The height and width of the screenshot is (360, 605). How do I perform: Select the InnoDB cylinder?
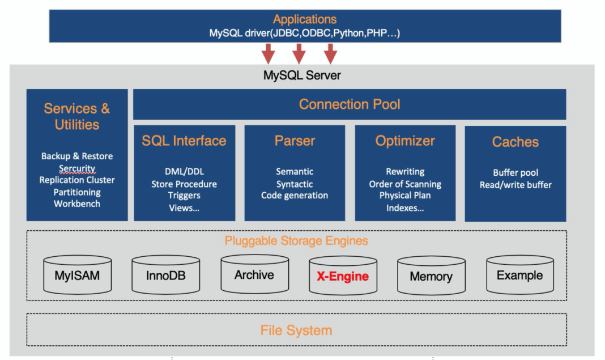pyautogui.click(x=165, y=275)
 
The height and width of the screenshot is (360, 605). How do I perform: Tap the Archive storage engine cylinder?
pyautogui.click(x=254, y=274)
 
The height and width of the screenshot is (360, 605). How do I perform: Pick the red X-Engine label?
pyautogui.click(x=342, y=277)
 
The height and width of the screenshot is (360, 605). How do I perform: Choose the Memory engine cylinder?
pyautogui.click(x=431, y=276)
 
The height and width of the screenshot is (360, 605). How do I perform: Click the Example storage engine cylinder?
pyautogui.click(x=519, y=275)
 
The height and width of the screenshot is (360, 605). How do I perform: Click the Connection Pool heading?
pyautogui.click(x=350, y=104)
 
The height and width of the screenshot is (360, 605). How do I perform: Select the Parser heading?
pyautogui.click(x=295, y=141)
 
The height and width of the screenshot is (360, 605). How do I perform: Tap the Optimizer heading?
pyautogui.click(x=405, y=141)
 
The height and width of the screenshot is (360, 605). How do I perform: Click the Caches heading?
pyautogui.click(x=515, y=142)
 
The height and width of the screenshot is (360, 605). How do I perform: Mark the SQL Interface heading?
pyautogui.click(x=184, y=141)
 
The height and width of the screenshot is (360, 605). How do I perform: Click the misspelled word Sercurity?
pyautogui.click(x=77, y=168)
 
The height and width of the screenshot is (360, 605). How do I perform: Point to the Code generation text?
pyautogui.click(x=295, y=196)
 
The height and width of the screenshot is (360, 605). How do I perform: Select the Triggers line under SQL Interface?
pyautogui.click(x=184, y=196)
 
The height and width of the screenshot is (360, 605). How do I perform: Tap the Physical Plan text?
pyautogui.click(x=405, y=196)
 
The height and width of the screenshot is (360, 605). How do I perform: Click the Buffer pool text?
pyautogui.click(x=515, y=172)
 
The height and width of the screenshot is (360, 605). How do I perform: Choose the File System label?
pyautogui.click(x=296, y=330)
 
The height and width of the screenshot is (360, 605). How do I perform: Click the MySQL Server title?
pyautogui.click(x=302, y=75)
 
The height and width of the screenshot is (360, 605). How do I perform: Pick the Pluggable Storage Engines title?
pyautogui.click(x=296, y=240)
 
